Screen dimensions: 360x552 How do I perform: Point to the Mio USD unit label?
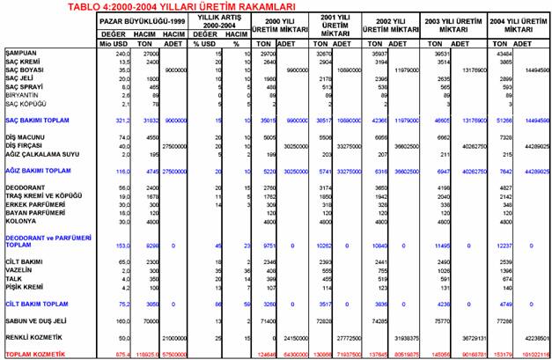coord(109,42)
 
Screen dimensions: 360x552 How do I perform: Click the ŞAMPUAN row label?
coord(19,54)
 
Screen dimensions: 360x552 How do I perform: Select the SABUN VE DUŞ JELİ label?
coord(38,322)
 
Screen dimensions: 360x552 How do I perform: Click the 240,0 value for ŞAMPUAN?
coord(111,54)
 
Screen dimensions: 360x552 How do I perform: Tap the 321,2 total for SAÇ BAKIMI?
coord(111,119)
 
